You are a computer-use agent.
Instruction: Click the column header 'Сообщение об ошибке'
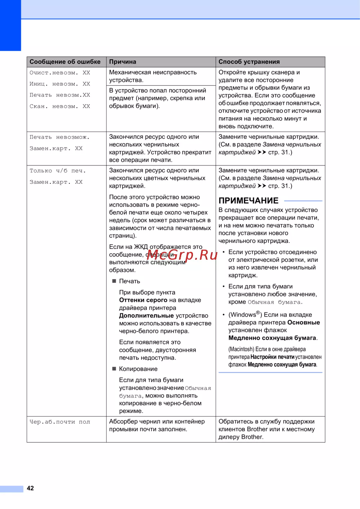[65, 62]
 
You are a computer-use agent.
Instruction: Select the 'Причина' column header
[122, 62]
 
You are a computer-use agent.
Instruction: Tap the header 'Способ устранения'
[249, 62]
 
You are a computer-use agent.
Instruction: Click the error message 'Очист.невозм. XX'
[60, 73]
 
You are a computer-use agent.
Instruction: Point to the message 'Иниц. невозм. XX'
[60, 84]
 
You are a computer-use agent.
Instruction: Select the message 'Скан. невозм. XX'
[60, 106]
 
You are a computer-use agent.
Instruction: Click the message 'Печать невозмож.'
[59, 137]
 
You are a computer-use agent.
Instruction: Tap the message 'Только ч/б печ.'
[58, 171]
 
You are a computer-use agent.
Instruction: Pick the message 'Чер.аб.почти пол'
[60, 422]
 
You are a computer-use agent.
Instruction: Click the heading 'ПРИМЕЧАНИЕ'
[248, 201]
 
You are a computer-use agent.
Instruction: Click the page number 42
[30, 488]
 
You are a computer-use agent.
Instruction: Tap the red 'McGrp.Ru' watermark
[182, 255]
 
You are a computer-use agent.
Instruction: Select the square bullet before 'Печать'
[114, 281]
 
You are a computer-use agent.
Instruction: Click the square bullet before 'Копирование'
[114, 369]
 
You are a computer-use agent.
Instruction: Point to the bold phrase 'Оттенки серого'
[143, 300]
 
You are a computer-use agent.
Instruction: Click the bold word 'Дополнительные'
[147, 315]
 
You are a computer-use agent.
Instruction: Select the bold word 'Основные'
[303, 322]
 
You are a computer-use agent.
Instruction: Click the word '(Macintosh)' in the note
[241, 349]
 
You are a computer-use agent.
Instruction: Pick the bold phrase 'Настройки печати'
[272, 357]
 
